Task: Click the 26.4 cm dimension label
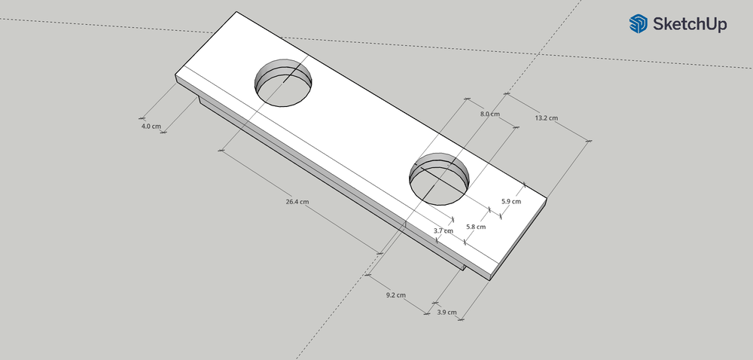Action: pos(297,202)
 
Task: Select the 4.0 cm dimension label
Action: pos(151,127)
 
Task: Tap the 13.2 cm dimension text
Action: pos(547,118)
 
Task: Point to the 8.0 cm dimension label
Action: pos(490,114)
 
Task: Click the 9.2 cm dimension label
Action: pos(396,295)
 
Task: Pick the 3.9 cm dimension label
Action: pos(447,312)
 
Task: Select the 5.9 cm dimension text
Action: pos(511,202)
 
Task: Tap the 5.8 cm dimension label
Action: pos(476,227)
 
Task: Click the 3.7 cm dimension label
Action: pos(444,231)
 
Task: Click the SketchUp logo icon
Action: pos(639,23)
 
